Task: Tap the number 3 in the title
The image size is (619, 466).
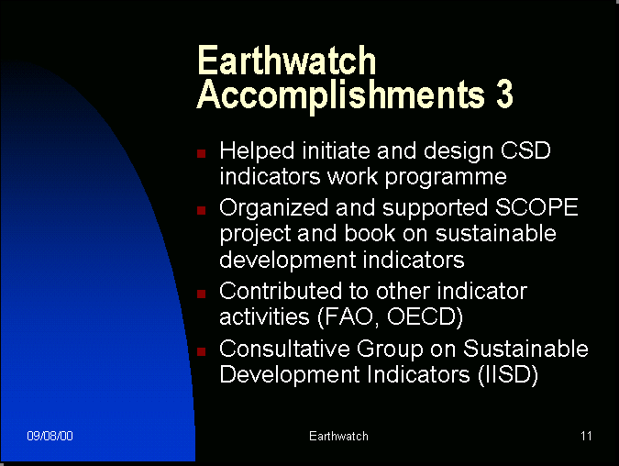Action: (504, 94)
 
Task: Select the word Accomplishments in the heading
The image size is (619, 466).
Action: (340, 96)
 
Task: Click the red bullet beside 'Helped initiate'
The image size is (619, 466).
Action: (202, 153)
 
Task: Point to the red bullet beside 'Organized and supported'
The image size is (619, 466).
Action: (202, 210)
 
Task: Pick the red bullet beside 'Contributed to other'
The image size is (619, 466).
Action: (202, 294)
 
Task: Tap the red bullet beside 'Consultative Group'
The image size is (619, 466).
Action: (202, 351)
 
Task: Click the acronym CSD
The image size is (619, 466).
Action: (525, 150)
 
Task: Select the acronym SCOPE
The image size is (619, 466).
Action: (536, 207)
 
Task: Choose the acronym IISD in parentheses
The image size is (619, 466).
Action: (508, 374)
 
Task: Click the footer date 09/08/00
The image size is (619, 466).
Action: (50, 436)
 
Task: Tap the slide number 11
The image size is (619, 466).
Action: (586, 436)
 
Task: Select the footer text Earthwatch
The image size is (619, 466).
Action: (338, 436)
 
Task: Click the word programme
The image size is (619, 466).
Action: (446, 178)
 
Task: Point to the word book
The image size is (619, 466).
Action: (370, 233)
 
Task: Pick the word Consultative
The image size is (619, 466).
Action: (284, 349)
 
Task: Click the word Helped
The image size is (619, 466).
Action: (257, 151)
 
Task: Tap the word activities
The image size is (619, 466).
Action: (264, 316)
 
